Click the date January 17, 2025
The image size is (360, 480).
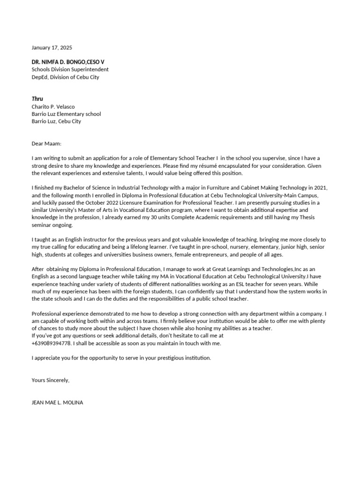[x=52, y=48]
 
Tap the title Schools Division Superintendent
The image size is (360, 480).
[x=70, y=70]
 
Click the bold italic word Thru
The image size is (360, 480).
[x=37, y=99]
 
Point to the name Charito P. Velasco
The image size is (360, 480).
[x=53, y=106]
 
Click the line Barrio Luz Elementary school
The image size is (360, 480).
[x=66, y=114]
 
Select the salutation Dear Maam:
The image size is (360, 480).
[x=46, y=144]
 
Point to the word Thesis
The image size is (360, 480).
[x=319, y=217]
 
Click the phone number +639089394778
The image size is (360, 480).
[x=52, y=343]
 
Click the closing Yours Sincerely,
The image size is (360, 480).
[x=50, y=380]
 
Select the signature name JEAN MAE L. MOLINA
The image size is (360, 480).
[x=57, y=402]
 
